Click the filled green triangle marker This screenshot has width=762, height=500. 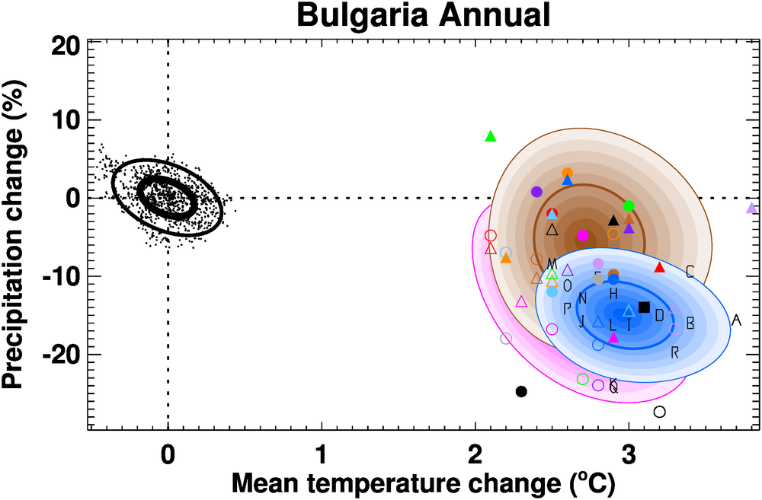[491, 136]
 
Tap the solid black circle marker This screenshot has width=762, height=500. [521, 391]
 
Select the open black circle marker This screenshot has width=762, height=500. [660, 412]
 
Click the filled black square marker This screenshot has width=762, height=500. [644, 307]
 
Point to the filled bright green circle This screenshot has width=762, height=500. [629, 205]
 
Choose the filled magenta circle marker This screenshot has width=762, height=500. [583, 236]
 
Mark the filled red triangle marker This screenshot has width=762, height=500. [660, 267]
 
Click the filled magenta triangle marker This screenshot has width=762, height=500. [613, 338]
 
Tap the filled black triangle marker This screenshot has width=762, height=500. [613, 221]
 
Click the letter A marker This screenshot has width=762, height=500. [736, 320]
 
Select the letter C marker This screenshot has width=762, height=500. [690, 272]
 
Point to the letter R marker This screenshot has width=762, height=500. [675, 352]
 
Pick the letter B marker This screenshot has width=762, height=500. [690, 323]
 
